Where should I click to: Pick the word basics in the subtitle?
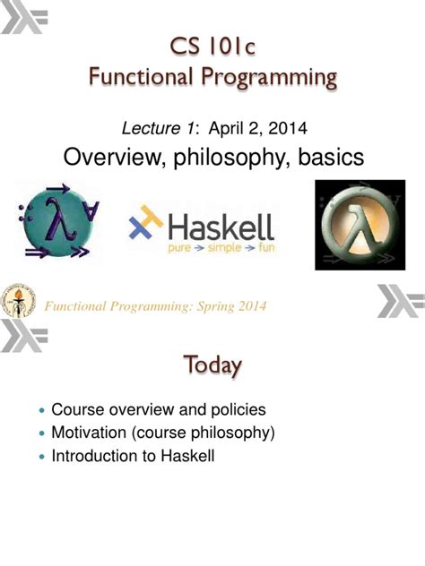tap(325, 159)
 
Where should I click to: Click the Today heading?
tap(212, 365)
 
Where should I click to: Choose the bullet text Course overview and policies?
tap(159, 410)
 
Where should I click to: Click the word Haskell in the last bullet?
tap(185, 456)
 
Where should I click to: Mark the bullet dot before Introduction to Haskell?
tap(41, 457)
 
